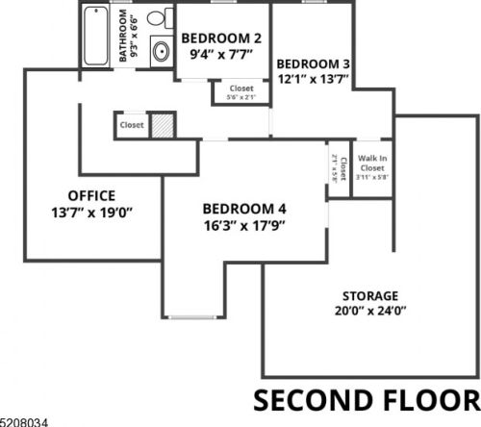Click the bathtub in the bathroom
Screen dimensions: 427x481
click(96, 37)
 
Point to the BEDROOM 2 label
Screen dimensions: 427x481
click(221, 38)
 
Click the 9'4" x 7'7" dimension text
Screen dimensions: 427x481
click(221, 55)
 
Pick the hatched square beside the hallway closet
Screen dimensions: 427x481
click(161, 126)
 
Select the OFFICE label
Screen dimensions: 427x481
click(90, 195)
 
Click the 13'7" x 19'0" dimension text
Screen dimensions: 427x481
click(90, 213)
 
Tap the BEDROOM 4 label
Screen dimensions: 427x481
click(243, 209)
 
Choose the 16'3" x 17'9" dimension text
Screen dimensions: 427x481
click(243, 226)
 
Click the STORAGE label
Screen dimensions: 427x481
click(370, 294)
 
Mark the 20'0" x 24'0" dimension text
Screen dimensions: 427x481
click(370, 311)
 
